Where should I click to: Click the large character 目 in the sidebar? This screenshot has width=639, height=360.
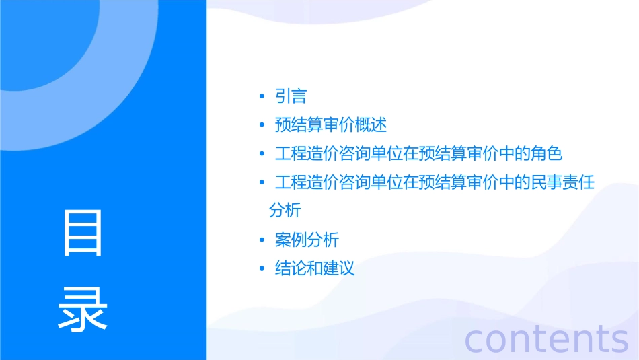(83, 233)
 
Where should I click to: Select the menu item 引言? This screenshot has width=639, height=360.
(291, 96)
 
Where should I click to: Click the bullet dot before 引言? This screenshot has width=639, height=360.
(262, 97)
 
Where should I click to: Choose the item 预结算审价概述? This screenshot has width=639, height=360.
(331, 125)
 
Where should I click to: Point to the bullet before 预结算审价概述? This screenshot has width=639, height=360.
(262, 126)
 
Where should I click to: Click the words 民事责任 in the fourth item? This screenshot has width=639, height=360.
(562, 182)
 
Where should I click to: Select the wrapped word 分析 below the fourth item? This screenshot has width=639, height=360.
(285, 210)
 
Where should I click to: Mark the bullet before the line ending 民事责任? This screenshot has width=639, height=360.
(262, 183)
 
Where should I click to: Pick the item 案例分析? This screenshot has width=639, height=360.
(307, 240)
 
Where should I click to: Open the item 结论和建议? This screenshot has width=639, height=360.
(315, 269)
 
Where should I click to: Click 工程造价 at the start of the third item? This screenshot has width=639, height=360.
(307, 154)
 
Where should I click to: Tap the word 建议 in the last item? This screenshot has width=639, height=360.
(338, 269)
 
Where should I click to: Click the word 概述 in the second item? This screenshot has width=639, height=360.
(371, 125)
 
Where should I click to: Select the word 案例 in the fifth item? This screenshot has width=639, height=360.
(291, 240)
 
